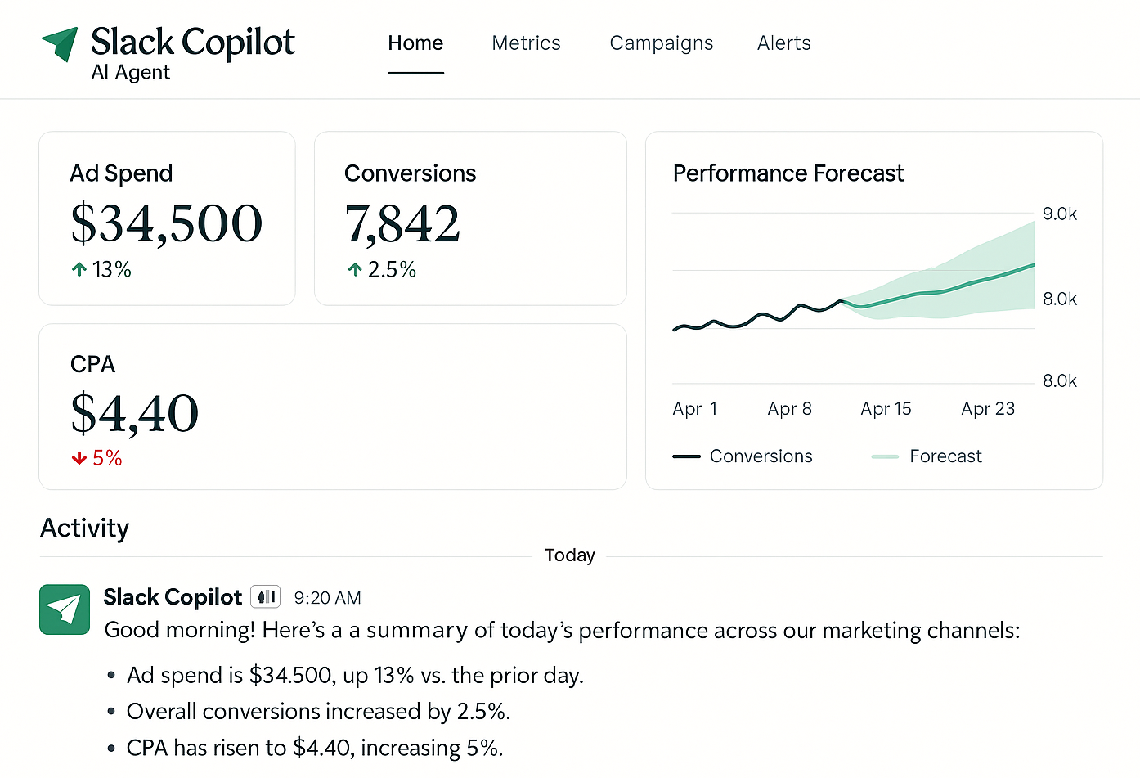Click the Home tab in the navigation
415,43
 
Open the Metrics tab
526,43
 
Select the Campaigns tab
661,43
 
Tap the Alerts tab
783,43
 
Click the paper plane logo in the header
61,43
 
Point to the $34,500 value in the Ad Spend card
166,223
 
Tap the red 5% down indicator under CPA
96,458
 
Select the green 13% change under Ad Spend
101,269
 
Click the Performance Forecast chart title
788,173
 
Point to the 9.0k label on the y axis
1059,214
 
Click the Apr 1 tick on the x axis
694,409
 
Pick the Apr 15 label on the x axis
886,409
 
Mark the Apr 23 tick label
987,409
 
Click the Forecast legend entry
945,456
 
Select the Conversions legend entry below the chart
760,456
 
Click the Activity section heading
84,528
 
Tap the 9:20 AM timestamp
327,598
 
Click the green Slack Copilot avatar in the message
65,609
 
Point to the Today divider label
569,555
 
